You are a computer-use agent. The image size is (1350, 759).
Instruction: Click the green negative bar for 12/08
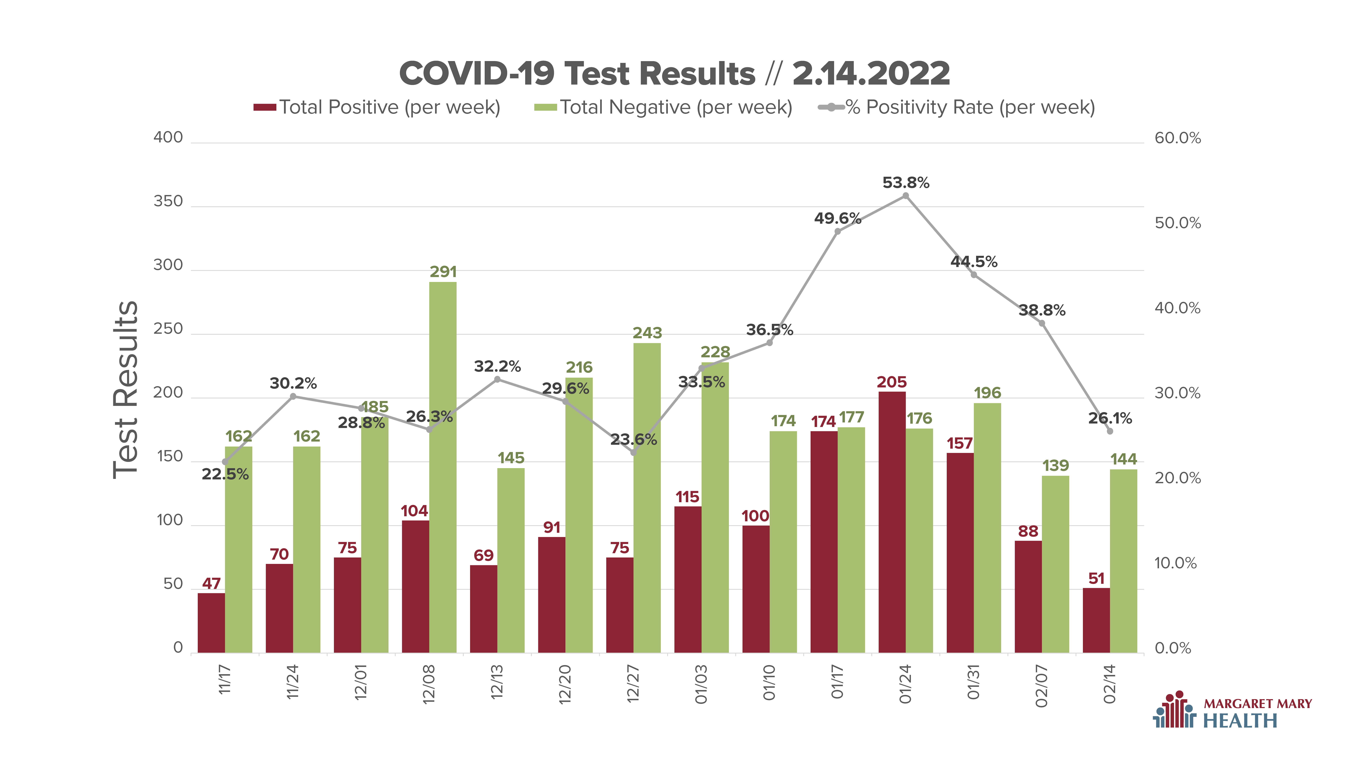pyautogui.click(x=443, y=467)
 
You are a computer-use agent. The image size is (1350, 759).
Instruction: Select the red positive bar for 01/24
pyautogui.click(x=892, y=522)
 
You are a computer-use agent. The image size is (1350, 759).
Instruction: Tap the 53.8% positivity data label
pyautogui.click(x=906, y=183)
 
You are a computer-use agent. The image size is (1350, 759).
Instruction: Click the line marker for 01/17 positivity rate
pyautogui.click(x=837, y=231)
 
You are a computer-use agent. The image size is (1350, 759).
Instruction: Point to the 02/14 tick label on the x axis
pyautogui.click(x=1109, y=684)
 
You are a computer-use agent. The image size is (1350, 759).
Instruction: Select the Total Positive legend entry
pyautogui.click(x=377, y=107)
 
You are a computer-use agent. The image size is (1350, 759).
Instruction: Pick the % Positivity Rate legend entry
pyautogui.click(x=956, y=107)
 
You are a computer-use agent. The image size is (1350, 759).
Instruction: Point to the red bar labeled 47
pyautogui.click(x=211, y=623)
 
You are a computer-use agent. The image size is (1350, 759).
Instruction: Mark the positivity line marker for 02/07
pyautogui.click(x=1042, y=323)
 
